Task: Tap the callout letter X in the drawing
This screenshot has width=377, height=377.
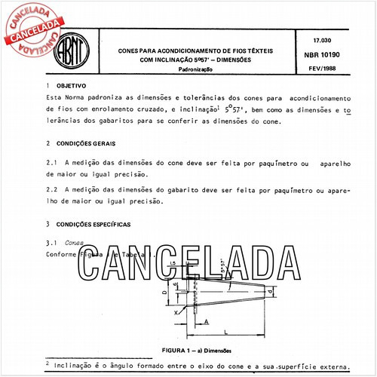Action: pyautogui.click(x=176, y=311)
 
